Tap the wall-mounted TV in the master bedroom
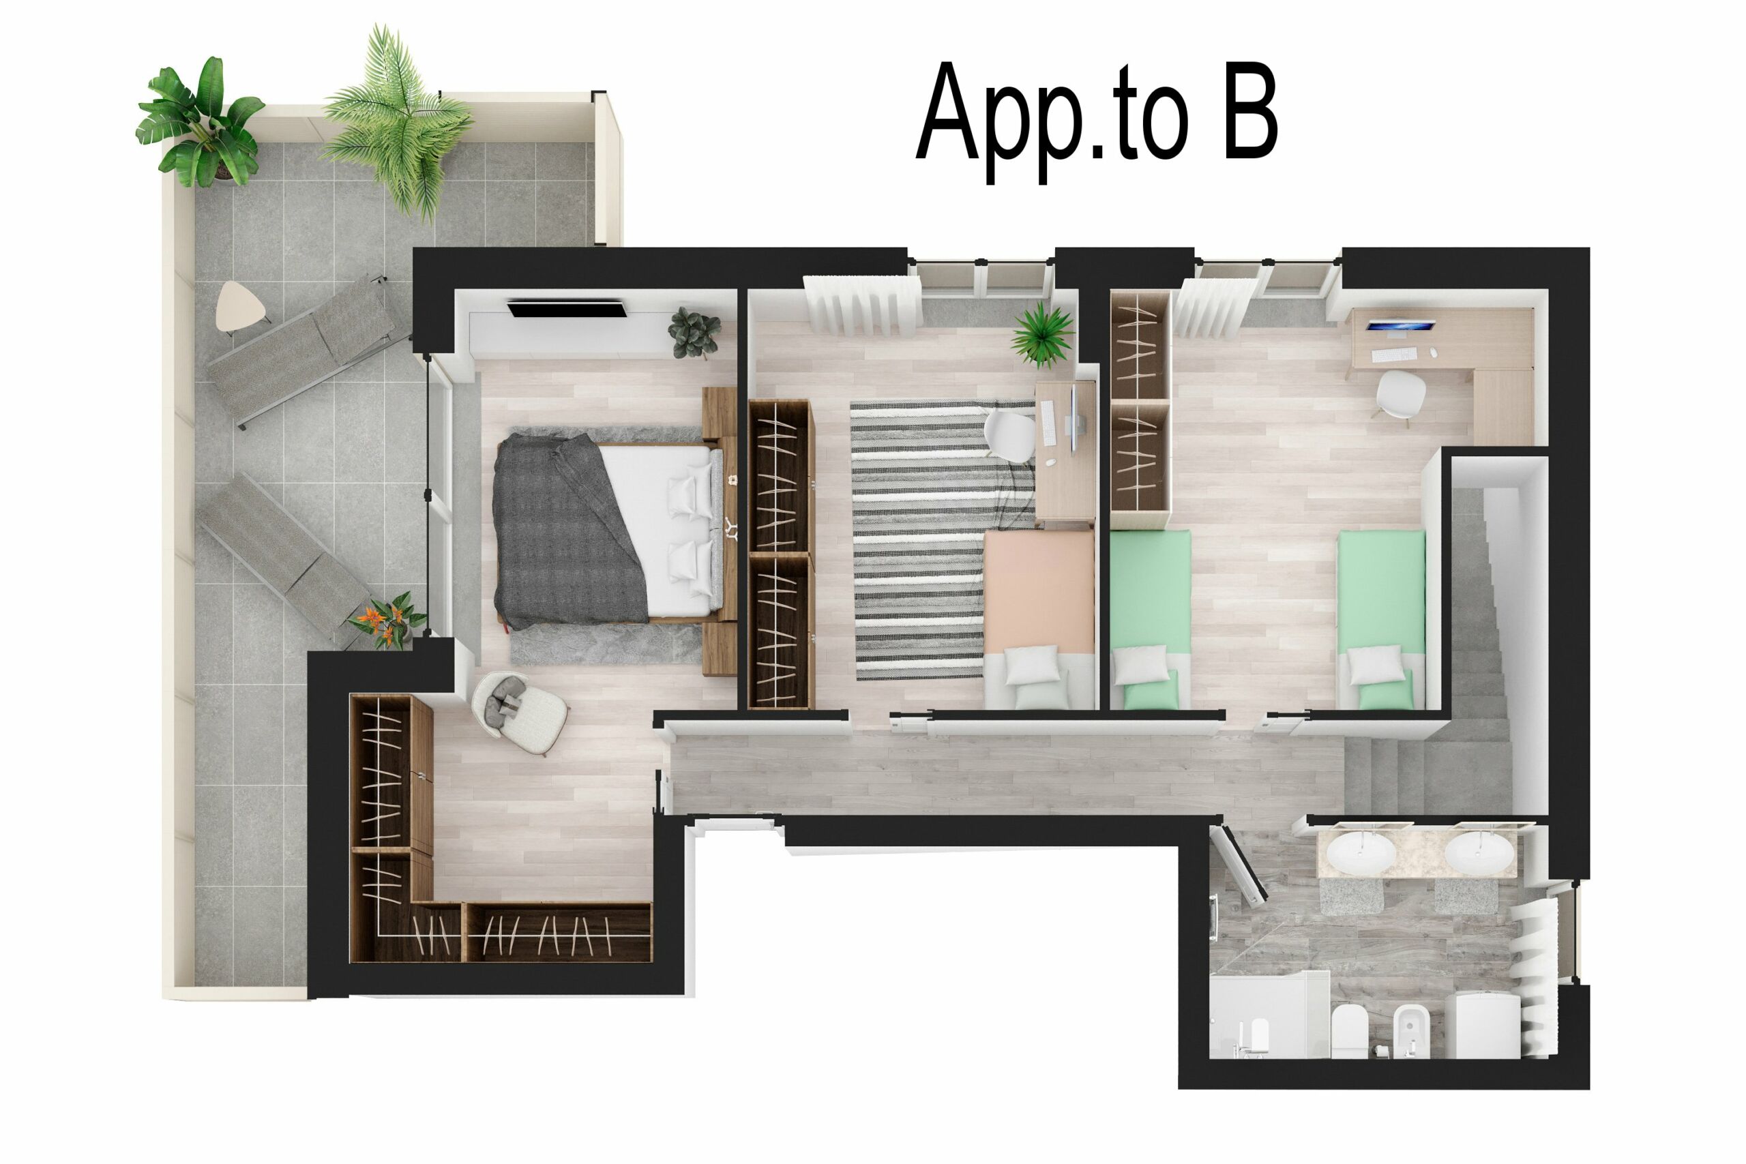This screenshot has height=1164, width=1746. pos(565,308)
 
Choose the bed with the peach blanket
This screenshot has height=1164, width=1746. pos(1039,616)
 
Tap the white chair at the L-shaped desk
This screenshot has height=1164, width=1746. pos(1400,393)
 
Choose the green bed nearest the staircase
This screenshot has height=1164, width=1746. pos(1380,616)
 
